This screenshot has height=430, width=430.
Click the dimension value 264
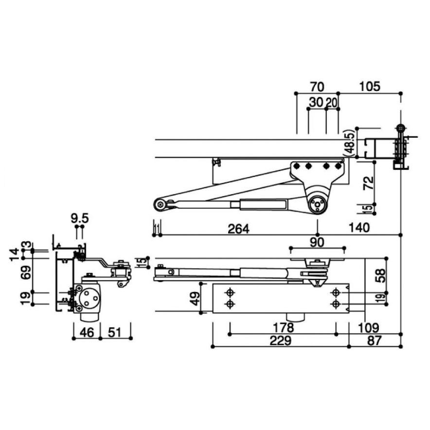[x=238, y=229]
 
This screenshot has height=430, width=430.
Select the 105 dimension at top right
[x=370, y=87]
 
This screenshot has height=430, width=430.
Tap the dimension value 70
[x=317, y=87]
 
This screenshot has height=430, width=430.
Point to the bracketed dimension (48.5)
[x=350, y=143]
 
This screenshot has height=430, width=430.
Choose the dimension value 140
[x=359, y=228]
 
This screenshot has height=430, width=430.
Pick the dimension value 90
[x=317, y=242]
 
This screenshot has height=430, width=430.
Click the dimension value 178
[x=283, y=327]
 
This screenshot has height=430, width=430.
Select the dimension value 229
[x=280, y=341]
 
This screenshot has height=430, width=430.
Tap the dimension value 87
[x=374, y=341]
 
